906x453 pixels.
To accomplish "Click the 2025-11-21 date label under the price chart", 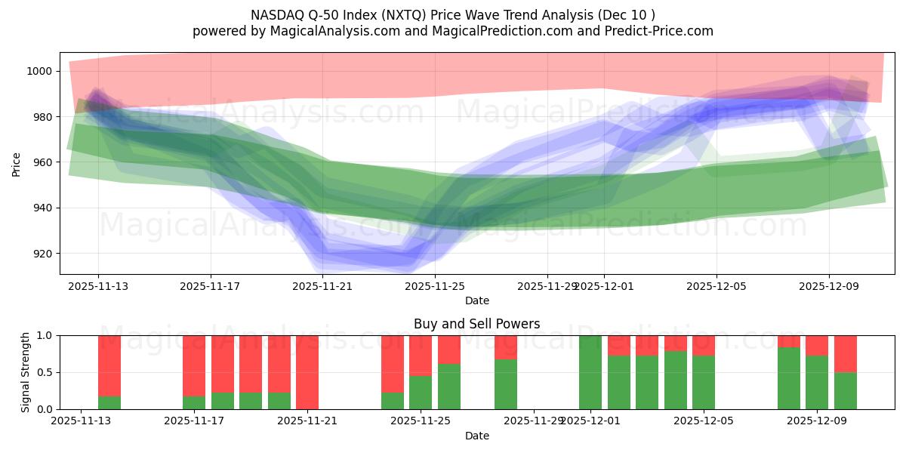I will click(x=322, y=287).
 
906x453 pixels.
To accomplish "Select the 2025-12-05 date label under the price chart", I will click(x=716, y=287).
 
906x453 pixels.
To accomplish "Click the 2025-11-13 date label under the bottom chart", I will click(x=82, y=421).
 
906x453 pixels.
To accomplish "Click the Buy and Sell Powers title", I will click(x=476, y=324).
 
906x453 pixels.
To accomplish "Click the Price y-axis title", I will click(x=17, y=163).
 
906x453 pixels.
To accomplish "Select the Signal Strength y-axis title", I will click(x=25, y=372).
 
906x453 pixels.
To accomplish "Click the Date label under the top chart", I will click(x=476, y=300).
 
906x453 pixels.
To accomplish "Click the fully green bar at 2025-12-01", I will click(x=590, y=372).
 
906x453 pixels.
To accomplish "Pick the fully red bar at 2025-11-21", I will click(x=307, y=372).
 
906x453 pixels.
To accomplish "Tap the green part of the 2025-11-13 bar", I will click(x=109, y=402).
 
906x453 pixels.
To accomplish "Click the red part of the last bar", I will click(x=846, y=353).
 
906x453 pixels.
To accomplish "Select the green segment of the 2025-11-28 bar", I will click(x=506, y=384).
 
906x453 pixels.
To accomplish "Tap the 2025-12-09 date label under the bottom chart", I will click(x=817, y=421).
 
